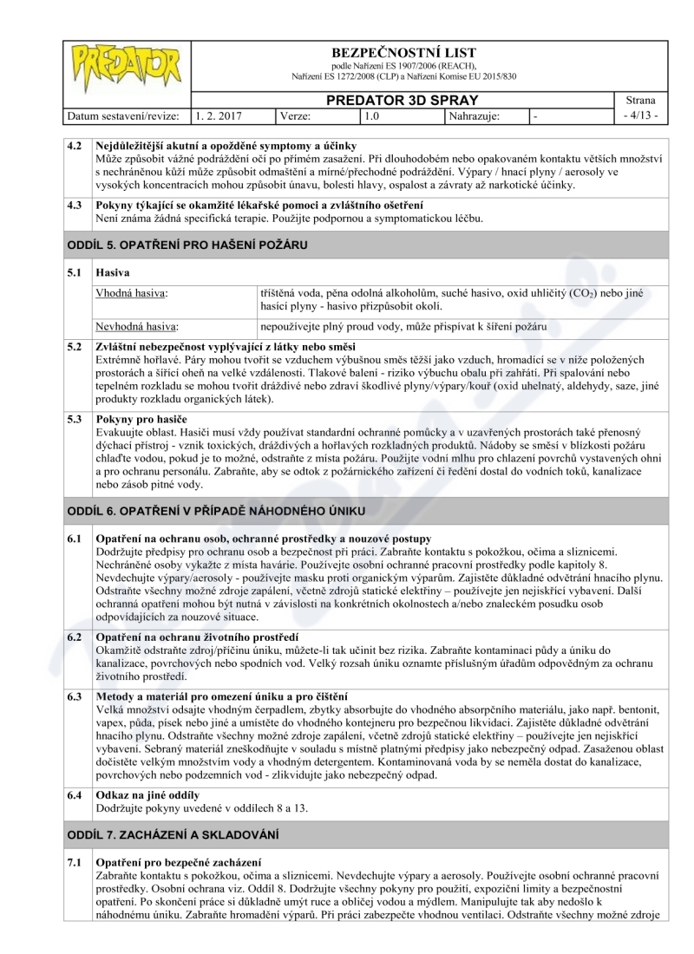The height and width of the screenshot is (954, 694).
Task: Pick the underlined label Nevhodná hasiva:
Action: (x=137, y=327)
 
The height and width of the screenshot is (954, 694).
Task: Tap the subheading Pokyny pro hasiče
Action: (x=142, y=420)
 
